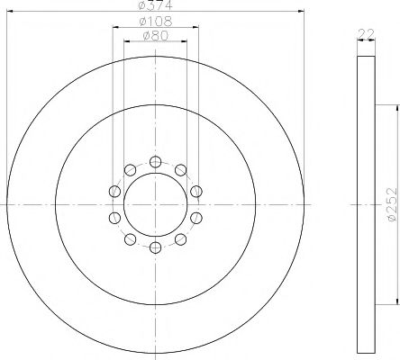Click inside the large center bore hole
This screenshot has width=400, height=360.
[155, 204]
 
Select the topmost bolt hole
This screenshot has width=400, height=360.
[155, 161]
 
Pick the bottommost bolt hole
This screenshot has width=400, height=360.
[155, 247]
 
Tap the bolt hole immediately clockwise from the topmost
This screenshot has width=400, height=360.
[180, 169]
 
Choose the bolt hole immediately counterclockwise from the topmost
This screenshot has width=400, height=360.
[130, 169]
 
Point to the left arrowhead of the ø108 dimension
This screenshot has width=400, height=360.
[115, 26]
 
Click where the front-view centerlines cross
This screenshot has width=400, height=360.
[155, 204]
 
